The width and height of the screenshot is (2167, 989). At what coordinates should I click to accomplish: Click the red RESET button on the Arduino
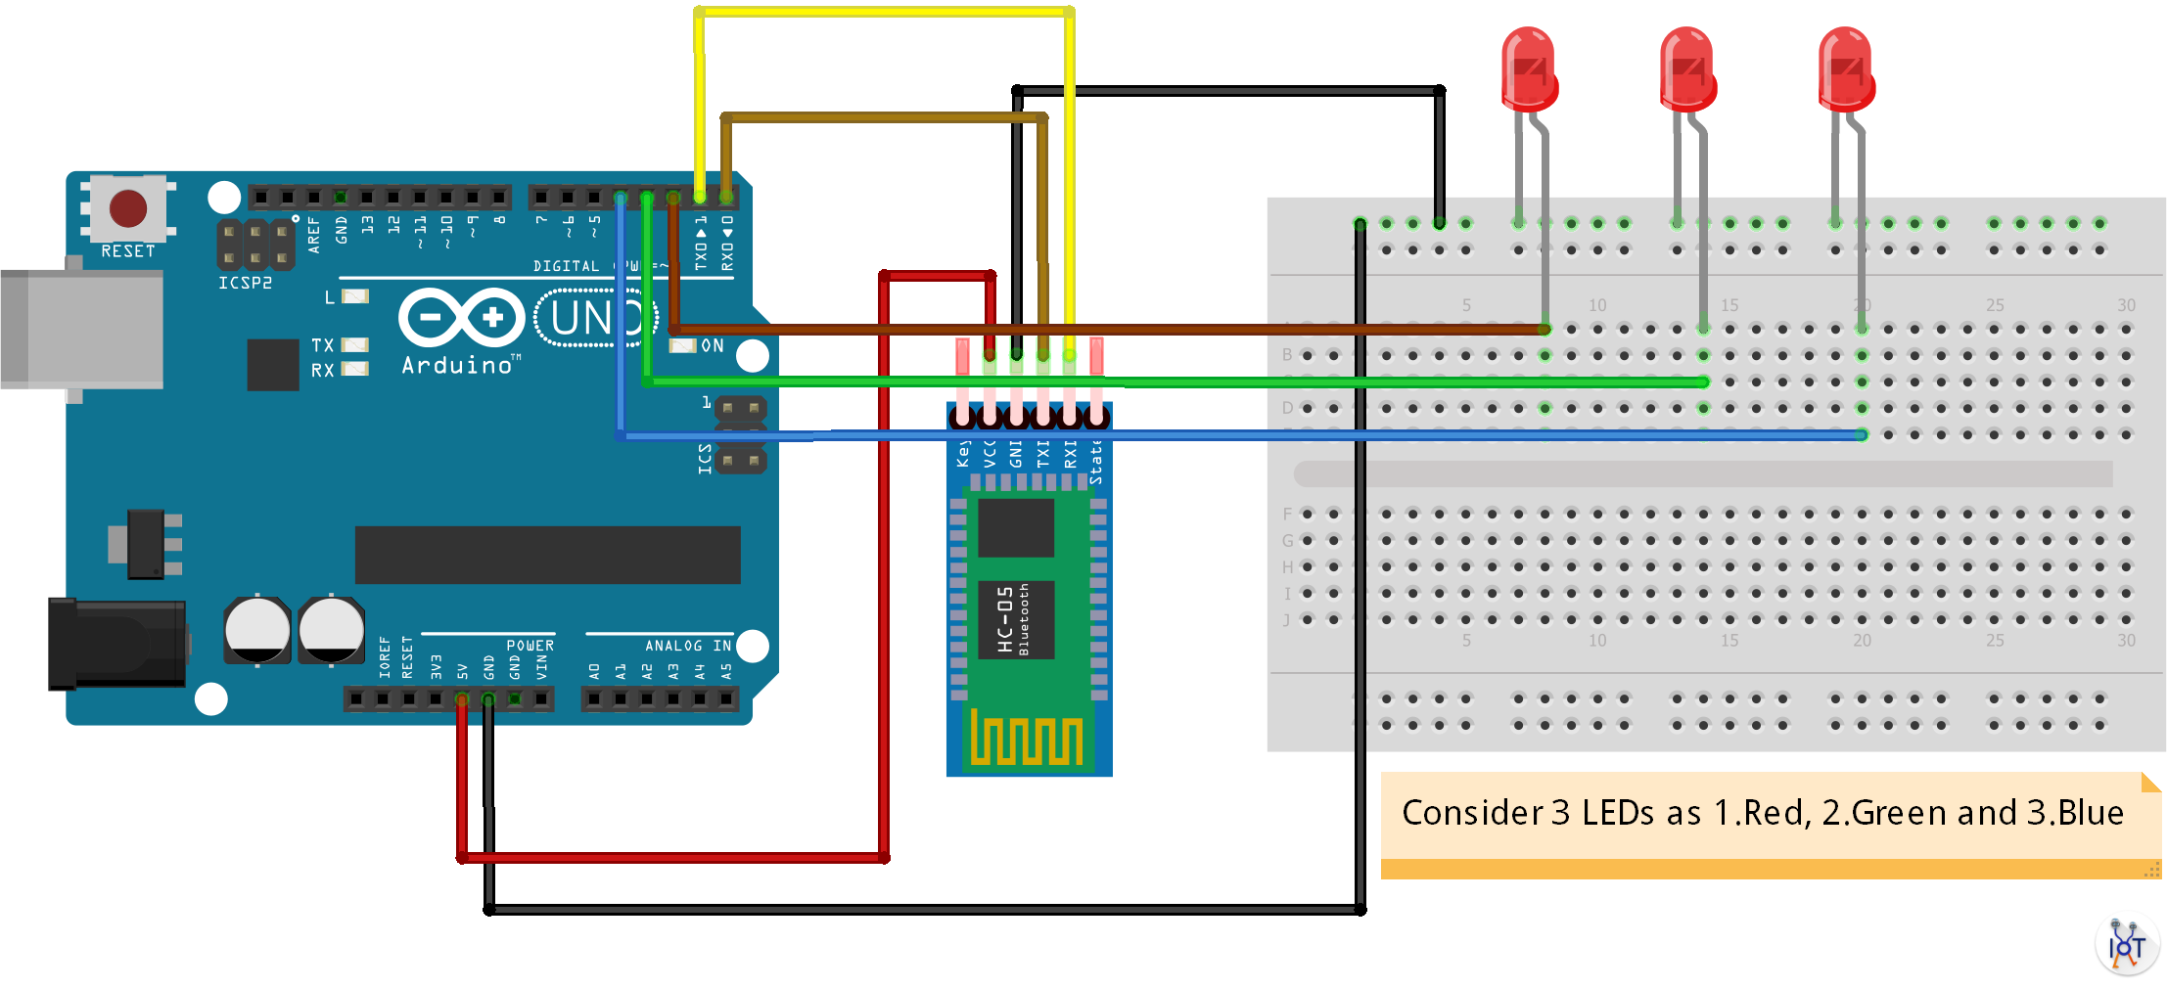click(x=128, y=207)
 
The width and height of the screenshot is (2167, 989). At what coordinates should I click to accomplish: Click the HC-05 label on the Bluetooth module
click(x=1005, y=619)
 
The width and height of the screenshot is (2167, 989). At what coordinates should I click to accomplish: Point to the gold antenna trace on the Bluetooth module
click(x=1027, y=738)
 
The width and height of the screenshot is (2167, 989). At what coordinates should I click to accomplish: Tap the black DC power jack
click(x=117, y=644)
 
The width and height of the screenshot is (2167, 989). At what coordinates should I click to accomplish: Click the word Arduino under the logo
click(x=458, y=366)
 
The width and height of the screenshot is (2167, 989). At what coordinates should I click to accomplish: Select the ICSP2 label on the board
click(x=245, y=283)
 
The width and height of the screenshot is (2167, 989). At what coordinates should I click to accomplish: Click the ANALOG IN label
click(x=688, y=646)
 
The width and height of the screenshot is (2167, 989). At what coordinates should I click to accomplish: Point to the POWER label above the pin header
click(x=530, y=646)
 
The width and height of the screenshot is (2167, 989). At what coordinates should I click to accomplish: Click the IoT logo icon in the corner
click(x=2127, y=945)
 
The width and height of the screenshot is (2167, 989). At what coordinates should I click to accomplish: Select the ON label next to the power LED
click(x=713, y=346)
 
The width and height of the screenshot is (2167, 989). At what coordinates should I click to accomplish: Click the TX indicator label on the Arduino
click(x=322, y=345)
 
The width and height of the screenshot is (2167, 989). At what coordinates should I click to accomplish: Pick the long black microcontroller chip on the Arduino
click(x=547, y=555)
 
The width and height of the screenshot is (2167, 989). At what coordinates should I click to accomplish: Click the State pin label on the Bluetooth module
click(x=1096, y=462)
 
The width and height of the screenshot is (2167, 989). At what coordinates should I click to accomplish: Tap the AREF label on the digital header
click(x=314, y=236)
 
